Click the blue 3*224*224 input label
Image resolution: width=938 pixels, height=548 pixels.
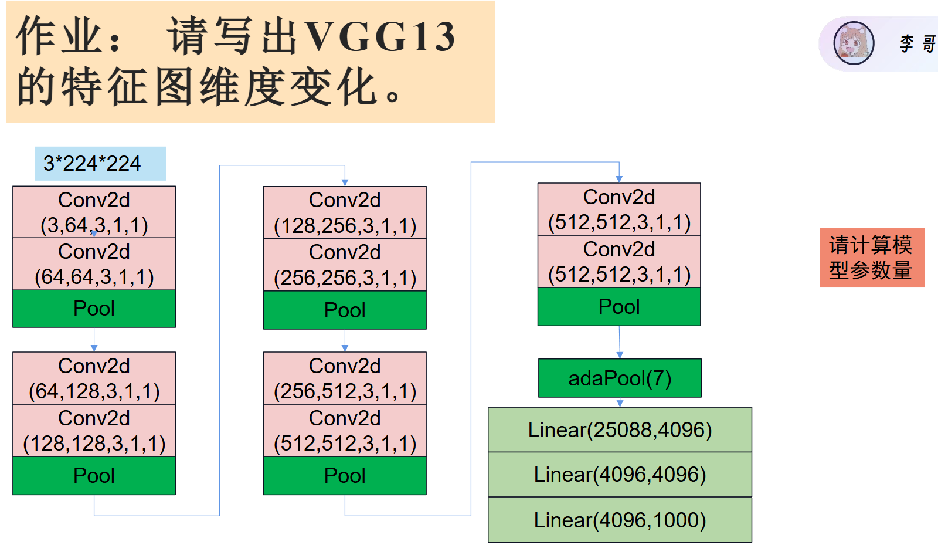100,163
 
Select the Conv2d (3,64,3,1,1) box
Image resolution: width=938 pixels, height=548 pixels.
94,212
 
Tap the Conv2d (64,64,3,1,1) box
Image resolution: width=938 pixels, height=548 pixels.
94,264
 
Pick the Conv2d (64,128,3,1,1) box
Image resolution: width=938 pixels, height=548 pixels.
94,378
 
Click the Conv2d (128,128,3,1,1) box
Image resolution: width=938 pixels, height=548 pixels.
94,430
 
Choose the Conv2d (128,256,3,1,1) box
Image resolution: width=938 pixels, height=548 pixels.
345,212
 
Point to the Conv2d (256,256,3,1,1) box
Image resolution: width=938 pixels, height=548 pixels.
345,265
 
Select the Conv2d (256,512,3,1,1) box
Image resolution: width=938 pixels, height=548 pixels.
345,378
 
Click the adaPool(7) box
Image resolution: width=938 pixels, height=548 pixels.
620,378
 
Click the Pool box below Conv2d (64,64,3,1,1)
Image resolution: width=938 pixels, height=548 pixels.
94,309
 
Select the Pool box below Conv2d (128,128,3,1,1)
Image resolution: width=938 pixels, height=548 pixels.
94,475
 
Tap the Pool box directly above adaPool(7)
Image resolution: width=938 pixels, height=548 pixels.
619,307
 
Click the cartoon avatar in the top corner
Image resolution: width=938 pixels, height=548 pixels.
854,43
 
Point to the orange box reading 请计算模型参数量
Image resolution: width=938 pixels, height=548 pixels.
872,258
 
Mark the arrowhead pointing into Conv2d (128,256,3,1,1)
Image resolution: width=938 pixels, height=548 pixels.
345,182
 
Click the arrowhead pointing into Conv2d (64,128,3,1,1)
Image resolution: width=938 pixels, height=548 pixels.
94,348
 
